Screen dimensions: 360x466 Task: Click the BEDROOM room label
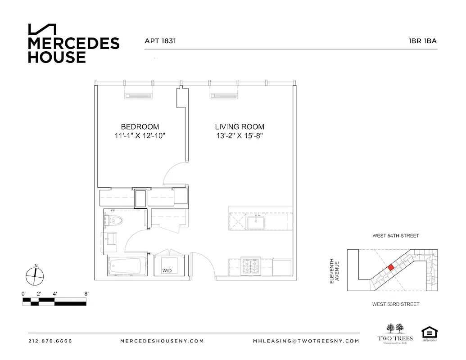[x=140, y=127]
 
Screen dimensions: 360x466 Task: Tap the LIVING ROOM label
[x=239, y=127]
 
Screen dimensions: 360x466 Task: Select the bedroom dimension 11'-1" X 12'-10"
[x=140, y=136]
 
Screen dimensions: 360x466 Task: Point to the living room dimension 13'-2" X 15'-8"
[x=239, y=136]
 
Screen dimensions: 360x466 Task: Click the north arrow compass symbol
[x=35, y=275]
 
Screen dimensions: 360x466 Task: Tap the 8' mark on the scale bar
[x=86, y=294]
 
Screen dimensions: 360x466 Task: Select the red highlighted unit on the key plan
[x=391, y=267]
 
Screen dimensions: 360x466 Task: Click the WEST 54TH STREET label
[x=395, y=236]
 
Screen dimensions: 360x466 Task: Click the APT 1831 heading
[x=160, y=41]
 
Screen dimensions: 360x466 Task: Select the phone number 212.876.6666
[x=50, y=341]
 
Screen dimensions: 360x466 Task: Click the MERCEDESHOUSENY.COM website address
[x=162, y=341]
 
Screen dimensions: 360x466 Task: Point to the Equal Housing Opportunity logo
[x=430, y=334]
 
